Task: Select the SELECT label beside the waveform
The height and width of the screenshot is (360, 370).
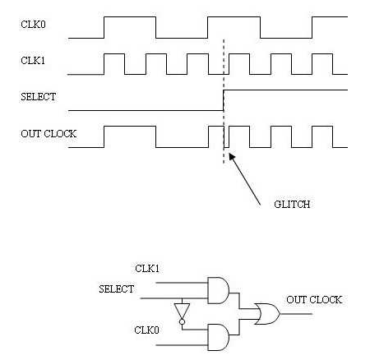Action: tap(38, 97)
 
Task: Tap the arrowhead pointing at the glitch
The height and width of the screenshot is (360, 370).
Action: tap(232, 154)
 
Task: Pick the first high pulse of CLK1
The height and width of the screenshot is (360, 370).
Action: tap(113, 55)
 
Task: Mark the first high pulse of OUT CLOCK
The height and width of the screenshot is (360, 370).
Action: tap(129, 127)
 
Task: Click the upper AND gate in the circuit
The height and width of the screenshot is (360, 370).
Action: tap(220, 289)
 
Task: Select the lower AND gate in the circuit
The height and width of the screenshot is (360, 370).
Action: tap(220, 335)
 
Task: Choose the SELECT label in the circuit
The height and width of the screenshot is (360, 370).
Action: tap(116, 288)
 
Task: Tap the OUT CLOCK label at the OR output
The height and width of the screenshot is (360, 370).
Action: tap(314, 300)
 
